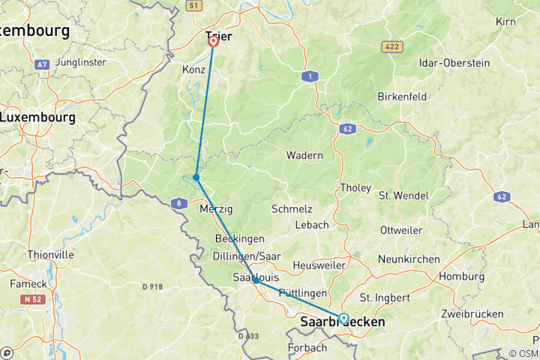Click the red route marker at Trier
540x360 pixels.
213,41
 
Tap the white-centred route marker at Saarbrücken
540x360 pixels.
343,318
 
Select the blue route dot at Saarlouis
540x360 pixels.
256,280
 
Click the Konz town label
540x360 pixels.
193,69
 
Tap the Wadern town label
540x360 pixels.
304,155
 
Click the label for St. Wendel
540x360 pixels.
403,196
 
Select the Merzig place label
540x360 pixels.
216,210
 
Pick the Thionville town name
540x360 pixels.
50,255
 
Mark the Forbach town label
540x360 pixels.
307,348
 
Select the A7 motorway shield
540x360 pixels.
42,65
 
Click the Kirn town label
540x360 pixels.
505,22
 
